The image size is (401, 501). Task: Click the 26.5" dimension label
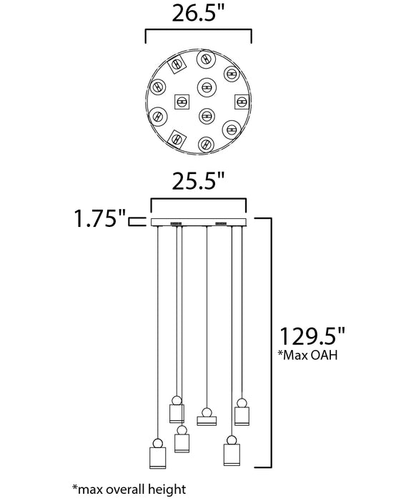(198, 14)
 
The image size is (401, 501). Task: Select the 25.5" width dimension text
(198, 182)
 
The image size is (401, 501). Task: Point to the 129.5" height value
(312, 336)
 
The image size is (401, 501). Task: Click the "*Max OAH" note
(307, 355)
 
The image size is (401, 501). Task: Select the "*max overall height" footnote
(129, 490)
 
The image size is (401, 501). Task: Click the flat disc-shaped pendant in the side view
(207, 421)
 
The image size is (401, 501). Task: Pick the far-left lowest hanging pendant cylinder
(157, 458)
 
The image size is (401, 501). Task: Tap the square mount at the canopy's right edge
(242, 102)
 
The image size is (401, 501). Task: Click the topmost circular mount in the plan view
(207, 59)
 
